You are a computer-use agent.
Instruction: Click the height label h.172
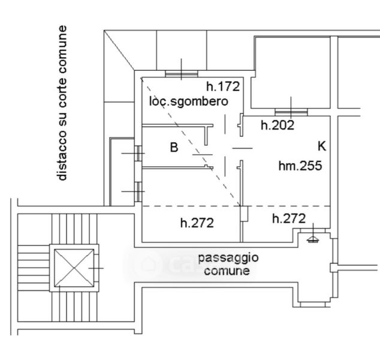tap(223, 86)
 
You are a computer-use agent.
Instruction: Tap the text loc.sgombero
tap(189, 101)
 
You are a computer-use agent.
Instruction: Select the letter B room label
tap(174, 147)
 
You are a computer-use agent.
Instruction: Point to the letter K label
tap(322, 146)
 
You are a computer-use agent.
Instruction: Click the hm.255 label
tap(300, 166)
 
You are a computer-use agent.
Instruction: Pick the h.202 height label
tap(278, 125)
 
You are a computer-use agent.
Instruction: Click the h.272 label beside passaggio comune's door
tap(289, 218)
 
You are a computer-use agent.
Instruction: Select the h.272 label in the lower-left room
tap(197, 223)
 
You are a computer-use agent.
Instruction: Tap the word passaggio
tap(228, 258)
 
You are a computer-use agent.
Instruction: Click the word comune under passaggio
tap(227, 271)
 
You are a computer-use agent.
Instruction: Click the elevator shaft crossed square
tap(74, 268)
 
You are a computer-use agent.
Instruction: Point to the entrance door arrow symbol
tap(313, 239)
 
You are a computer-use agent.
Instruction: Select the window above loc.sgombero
tap(181, 74)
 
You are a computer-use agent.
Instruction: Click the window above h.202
tap(291, 112)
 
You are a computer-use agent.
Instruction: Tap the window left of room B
tap(138, 154)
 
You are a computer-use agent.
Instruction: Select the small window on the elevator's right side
tap(96, 268)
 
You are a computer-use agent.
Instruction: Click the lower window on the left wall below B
tap(138, 191)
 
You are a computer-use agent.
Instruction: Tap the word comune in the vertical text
tap(62, 49)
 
